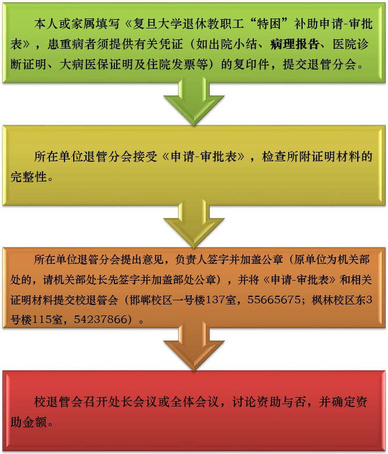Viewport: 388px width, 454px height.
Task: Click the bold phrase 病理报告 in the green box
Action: [x=294, y=44]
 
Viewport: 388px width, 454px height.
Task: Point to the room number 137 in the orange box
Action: [x=215, y=300]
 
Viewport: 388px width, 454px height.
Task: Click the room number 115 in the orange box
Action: [x=41, y=319]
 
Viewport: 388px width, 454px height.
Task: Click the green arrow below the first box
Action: [x=194, y=102]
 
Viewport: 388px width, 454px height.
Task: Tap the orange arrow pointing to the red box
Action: [x=194, y=347]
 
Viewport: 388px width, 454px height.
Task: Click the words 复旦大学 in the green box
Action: [x=157, y=24]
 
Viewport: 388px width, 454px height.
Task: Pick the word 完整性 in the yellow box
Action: [x=28, y=177]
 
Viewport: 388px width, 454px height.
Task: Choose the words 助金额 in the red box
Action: [x=28, y=422]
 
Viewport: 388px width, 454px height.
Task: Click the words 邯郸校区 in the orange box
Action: [x=151, y=300]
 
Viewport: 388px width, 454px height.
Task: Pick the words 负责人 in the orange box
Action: [x=191, y=260]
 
